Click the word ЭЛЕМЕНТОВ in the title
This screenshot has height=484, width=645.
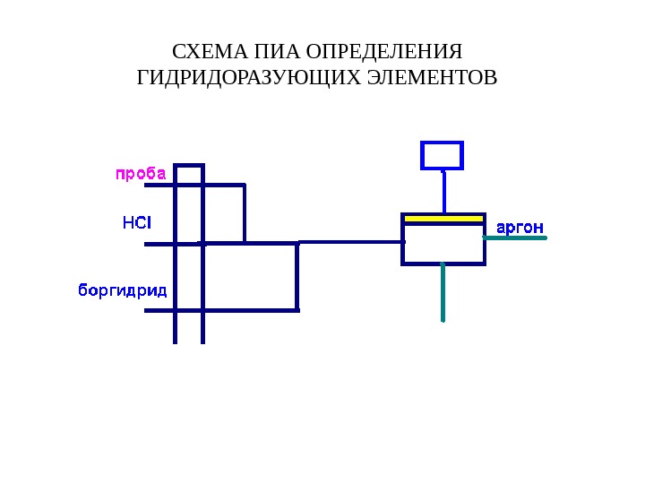(432, 78)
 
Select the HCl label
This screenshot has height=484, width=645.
(137, 221)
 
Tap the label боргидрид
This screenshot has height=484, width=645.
(123, 290)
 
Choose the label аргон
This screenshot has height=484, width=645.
(520, 228)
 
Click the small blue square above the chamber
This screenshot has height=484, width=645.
(442, 155)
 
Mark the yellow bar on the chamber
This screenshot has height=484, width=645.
(443, 218)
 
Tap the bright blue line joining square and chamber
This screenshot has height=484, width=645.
(443, 191)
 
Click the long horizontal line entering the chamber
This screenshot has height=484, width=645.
(349, 241)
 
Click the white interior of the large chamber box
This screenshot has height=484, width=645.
(443, 244)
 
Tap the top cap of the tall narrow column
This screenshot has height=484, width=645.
(189, 165)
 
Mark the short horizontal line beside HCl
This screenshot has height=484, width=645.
(159, 244)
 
